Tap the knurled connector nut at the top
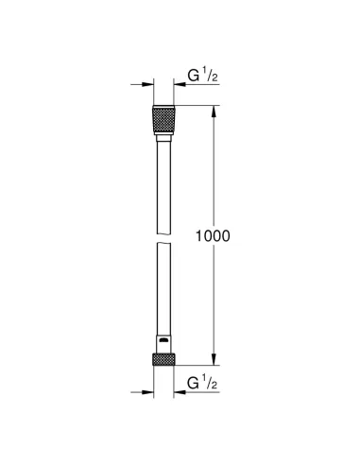[163, 122]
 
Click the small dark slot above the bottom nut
[163, 338]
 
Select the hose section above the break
[163, 180]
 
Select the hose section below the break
[163, 284]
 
